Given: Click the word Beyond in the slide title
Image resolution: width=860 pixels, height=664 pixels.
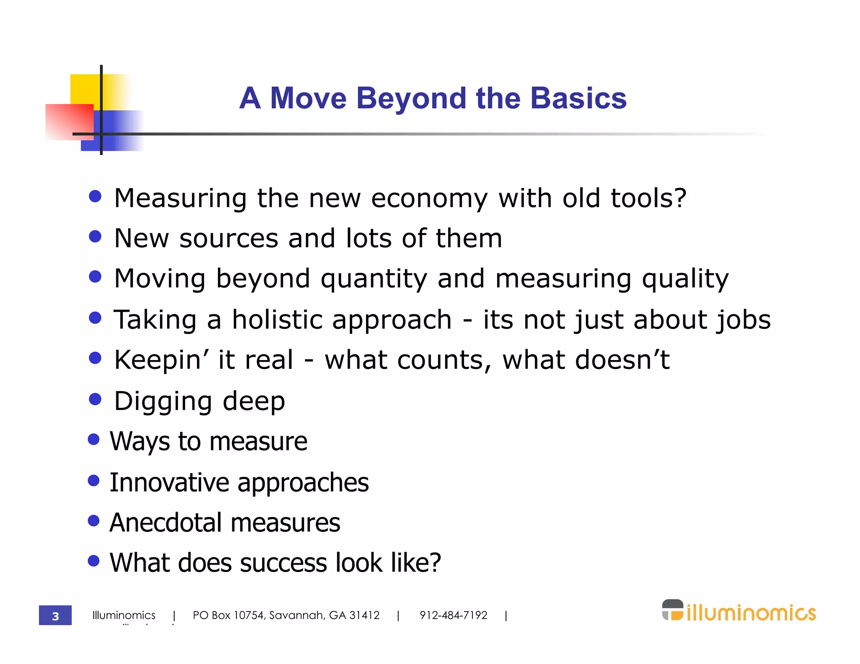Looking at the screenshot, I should tap(411, 99).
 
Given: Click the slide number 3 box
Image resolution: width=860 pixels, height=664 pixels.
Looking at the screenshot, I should tap(55, 615).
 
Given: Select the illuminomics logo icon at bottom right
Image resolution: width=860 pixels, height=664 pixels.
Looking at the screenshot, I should tap(673, 610).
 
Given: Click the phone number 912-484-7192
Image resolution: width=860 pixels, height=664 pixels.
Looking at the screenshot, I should tap(453, 615).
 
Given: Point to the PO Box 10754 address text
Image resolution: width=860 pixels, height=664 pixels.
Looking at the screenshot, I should tap(286, 615).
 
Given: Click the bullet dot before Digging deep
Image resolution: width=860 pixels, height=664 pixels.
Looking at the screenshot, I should tap(95, 399).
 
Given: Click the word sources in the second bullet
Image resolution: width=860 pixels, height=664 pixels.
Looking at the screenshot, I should tap(228, 238).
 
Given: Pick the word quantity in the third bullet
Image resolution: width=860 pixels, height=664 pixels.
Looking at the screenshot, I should tap(374, 279).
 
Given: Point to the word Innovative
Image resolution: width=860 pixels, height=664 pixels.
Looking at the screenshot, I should tap(169, 482).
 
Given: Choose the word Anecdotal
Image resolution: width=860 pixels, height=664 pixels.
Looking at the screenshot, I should tap(165, 523).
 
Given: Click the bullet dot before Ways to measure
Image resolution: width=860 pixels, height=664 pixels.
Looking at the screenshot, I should tap(94, 439).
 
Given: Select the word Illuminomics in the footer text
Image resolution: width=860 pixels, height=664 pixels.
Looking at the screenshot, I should tap(124, 615).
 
